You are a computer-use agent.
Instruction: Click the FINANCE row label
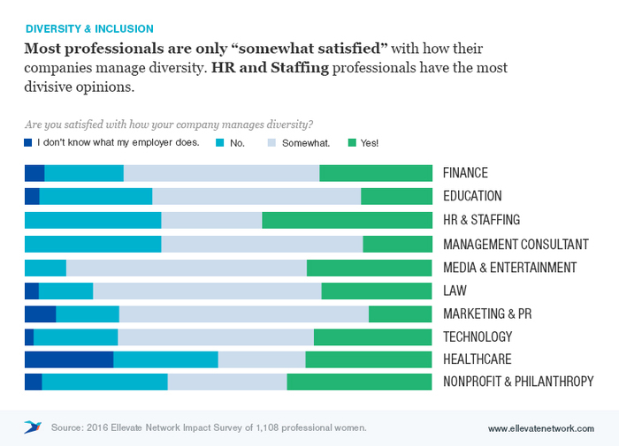click(465, 173)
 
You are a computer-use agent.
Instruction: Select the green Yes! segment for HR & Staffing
click(347, 220)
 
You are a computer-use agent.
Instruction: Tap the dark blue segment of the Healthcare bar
click(69, 359)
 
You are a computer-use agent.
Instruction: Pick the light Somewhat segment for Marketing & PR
click(243, 314)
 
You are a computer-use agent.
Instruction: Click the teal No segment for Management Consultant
click(93, 244)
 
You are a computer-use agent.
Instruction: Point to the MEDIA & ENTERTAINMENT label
click(509, 267)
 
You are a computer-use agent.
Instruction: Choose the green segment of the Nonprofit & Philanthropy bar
click(359, 382)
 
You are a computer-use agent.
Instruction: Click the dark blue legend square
click(28, 142)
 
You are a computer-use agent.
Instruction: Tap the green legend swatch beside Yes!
click(352, 142)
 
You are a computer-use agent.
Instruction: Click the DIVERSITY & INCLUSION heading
click(89, 29)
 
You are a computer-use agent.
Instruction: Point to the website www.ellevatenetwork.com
click(540, 428)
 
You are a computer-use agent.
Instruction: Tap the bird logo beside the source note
click(33, 427)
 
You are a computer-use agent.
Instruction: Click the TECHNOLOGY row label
click(478, 336)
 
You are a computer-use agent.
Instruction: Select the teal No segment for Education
click(96, 196)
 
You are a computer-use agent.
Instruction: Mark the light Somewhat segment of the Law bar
click(207, 291)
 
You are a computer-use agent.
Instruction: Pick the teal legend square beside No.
click(219, 142)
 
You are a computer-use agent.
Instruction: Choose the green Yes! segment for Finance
click(375, 173)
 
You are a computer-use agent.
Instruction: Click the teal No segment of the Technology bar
click(75, 336)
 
